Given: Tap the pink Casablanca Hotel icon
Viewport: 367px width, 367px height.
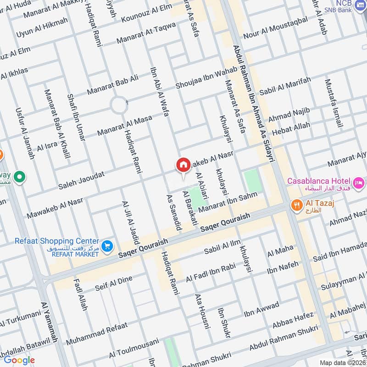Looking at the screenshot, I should pos(358,181).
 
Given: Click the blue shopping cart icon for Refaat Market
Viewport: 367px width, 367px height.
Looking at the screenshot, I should pos(107,246).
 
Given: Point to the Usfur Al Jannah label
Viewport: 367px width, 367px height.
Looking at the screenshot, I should pos(25,133).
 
